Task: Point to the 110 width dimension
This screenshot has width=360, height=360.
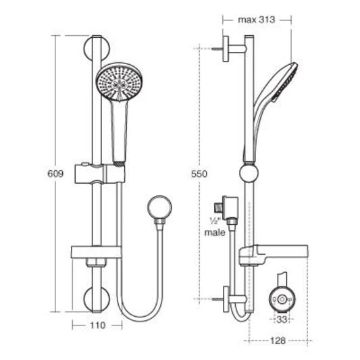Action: pos(97,325)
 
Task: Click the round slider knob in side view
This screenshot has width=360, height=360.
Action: pos(249,173)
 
